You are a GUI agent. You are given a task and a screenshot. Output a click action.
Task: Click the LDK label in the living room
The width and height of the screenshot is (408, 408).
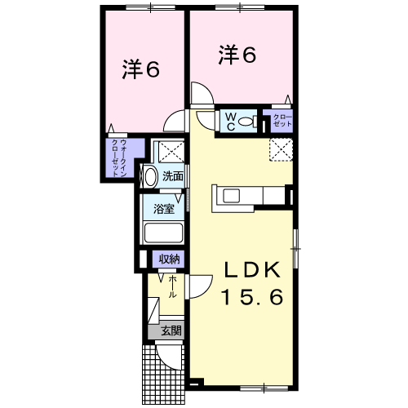[x=252, y=269]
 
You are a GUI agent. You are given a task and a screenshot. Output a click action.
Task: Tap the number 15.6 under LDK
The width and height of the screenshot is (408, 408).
[x=252, y=297]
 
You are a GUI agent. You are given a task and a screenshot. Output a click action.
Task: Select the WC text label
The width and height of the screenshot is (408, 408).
[x=231, y=122]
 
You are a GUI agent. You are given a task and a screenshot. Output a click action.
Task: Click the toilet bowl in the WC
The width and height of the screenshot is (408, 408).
[x=247, y=122]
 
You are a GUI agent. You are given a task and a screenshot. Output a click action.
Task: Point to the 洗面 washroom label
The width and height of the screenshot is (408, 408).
[x=173, y=176]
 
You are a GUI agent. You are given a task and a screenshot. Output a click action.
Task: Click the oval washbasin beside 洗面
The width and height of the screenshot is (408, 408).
[x=151, y=177]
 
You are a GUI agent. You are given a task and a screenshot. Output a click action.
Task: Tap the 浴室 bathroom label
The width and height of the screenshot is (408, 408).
[x=164, y=209]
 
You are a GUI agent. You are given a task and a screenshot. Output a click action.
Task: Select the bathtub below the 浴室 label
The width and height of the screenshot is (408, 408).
[x=163, y=233]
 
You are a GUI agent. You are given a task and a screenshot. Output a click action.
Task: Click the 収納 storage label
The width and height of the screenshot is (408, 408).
[x=169, y=259]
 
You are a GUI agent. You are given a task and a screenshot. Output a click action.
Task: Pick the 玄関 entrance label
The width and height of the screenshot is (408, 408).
[x=171, y=330]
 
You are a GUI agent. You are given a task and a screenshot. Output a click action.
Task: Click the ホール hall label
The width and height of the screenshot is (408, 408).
[x=172, y=286]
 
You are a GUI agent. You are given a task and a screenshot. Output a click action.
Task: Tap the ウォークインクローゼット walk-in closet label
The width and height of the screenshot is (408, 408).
[x=119, y=158]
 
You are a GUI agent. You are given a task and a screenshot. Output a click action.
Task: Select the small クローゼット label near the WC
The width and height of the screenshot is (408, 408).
[x=282, y=121]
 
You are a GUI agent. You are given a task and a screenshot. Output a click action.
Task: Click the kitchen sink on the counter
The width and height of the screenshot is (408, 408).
[x=231, y=196]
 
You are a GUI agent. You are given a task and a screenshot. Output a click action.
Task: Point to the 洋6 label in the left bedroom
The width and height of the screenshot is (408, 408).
[x=140, y=69]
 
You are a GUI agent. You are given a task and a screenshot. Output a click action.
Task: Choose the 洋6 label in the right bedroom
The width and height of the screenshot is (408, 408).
[x=237, y=55]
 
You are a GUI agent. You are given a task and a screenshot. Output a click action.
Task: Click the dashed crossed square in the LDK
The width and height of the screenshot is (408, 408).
[x=281, y=149]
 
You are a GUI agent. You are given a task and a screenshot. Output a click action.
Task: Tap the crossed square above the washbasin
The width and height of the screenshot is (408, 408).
[x=171, y=152]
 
